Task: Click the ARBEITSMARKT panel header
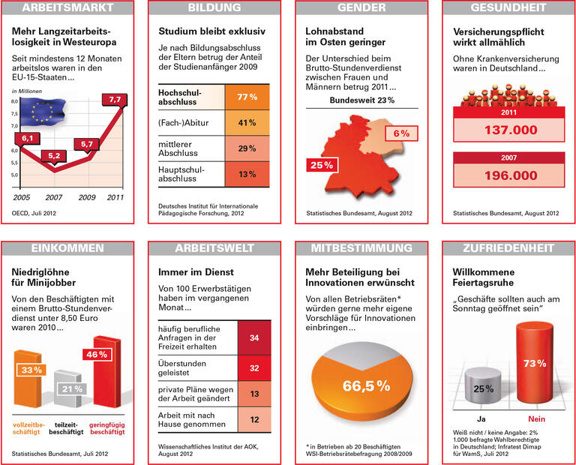pos(68,8)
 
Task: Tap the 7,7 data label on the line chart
pos(115,99)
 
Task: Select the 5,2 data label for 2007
pos(53,156)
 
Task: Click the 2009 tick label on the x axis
pos(87,196)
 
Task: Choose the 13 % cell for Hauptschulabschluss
pos(247,175)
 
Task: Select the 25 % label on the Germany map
pos(319,164)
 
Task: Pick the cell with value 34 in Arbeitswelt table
pos(253,338)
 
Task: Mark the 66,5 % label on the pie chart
pos(366,386)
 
